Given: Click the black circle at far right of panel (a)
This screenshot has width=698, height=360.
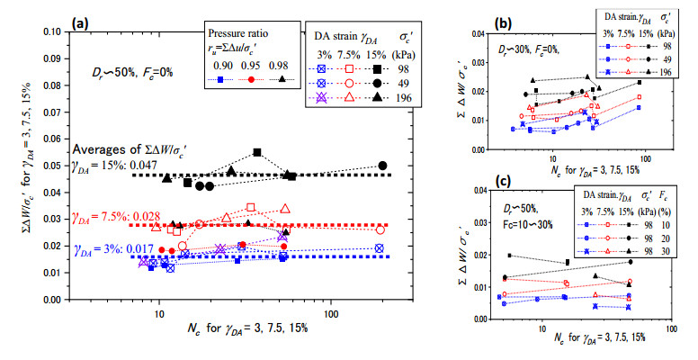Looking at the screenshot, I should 383,166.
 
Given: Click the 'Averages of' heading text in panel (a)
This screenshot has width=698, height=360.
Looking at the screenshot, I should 106,149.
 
